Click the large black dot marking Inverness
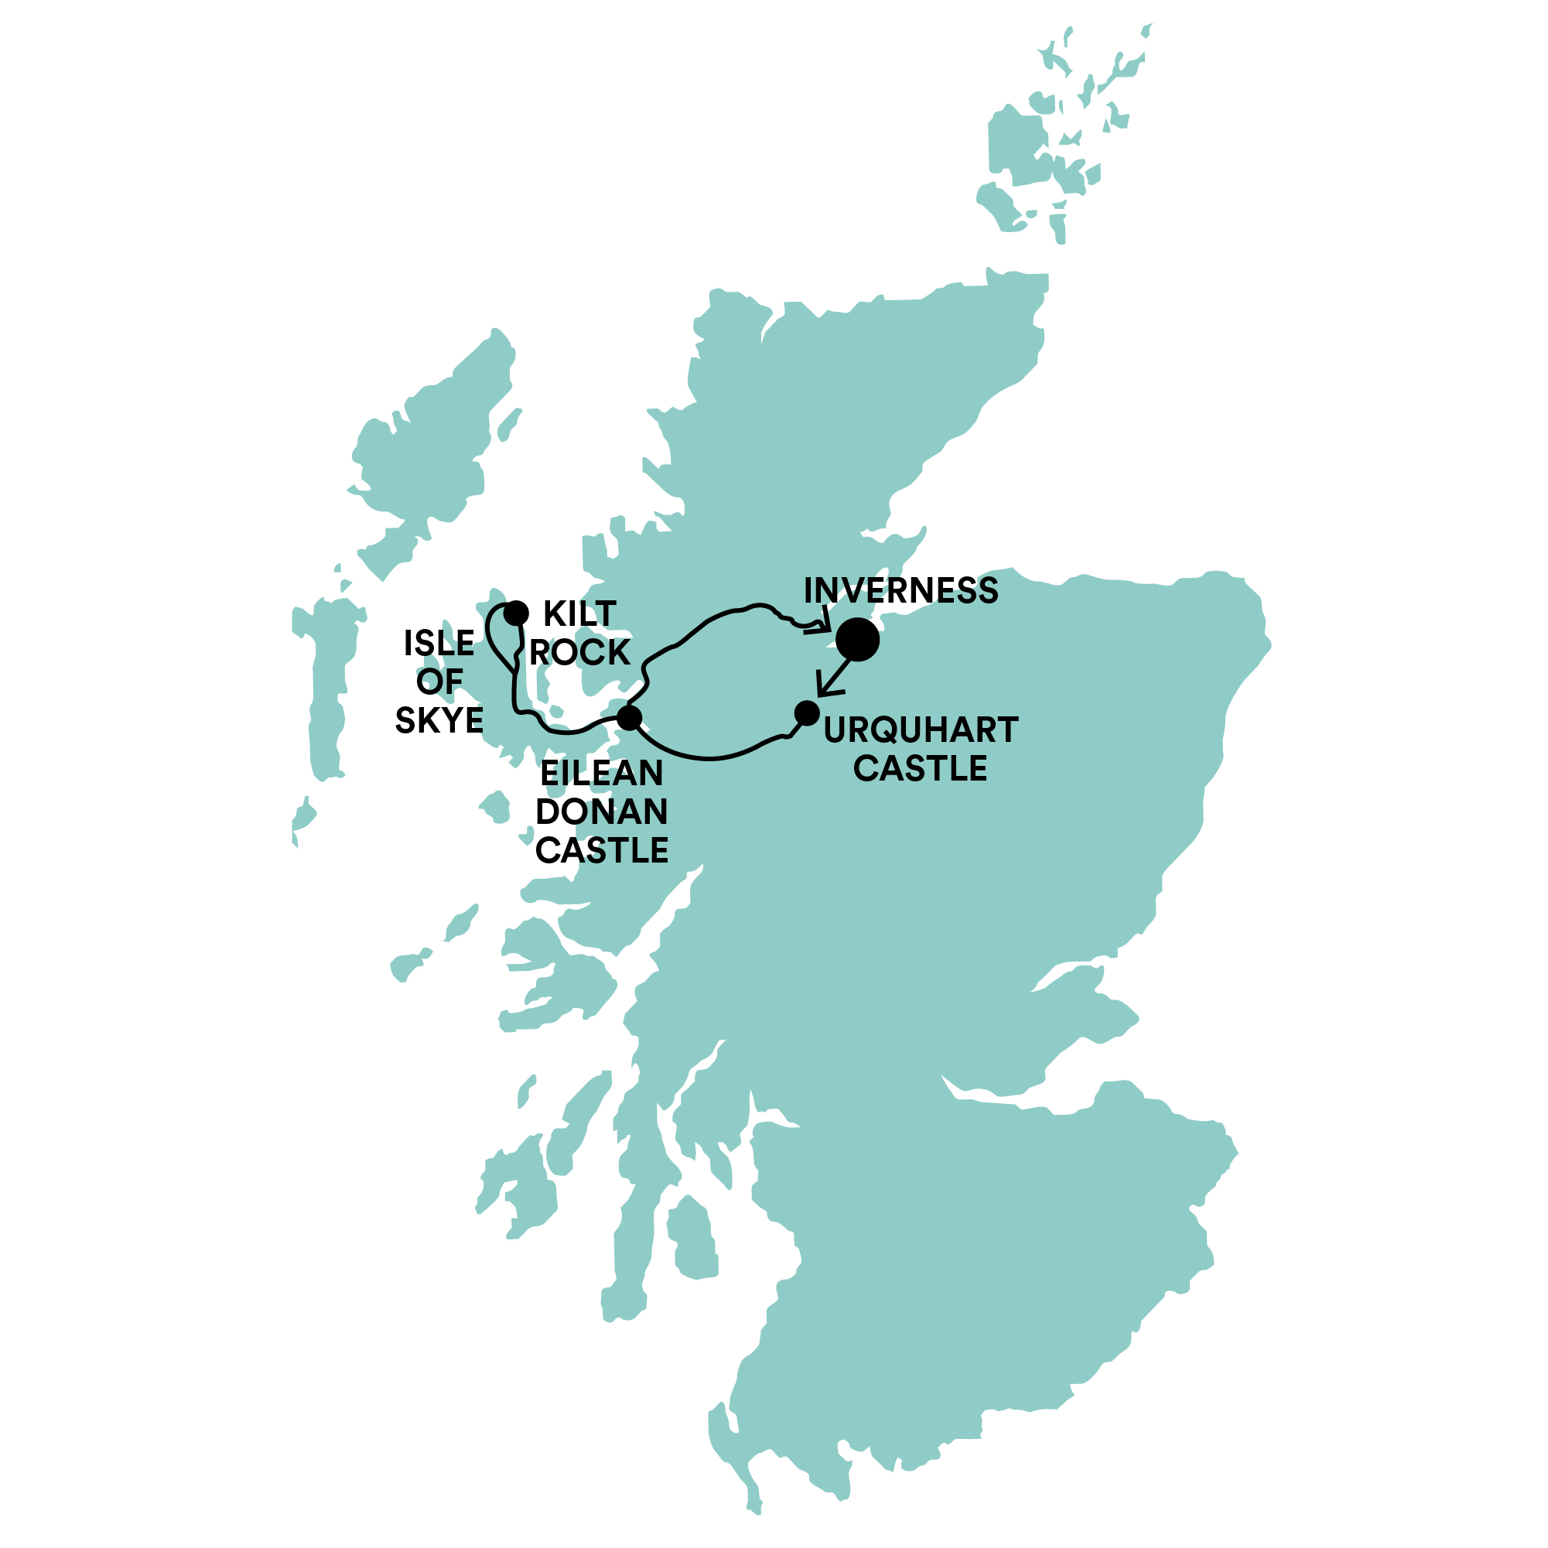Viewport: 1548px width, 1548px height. tap(857, 639)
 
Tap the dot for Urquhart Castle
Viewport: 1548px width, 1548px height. tap(807, 712)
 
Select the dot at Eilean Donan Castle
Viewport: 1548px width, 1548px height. tap(630, 717)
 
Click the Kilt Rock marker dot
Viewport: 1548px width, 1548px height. tap(517, 613)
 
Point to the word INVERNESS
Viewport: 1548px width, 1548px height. tap(900, 590)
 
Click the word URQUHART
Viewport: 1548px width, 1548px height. tap(921, 730)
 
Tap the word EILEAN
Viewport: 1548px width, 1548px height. tap(602, 773)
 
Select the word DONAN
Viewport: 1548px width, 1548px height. tap(602, 812)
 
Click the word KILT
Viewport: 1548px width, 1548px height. tap(579, 614)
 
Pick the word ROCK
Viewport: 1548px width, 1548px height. tap(579, 653)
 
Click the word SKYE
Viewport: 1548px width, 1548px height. tap(439, 720)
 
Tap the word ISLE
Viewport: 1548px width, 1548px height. tap(439, 643)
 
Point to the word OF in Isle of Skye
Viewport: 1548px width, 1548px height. tap(439, 682)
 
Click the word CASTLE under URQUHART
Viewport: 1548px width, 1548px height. tap(920, 768)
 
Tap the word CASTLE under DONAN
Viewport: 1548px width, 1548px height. tap(602, 850)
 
